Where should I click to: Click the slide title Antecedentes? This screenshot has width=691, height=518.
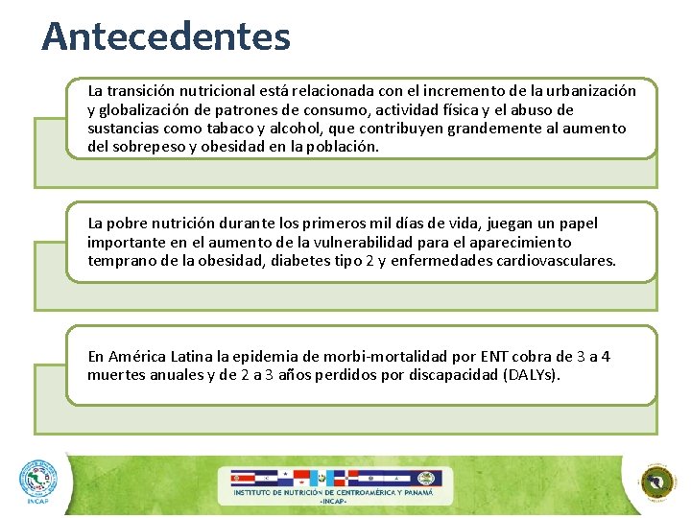point(166,36)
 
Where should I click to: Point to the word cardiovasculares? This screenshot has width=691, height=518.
point(558,260)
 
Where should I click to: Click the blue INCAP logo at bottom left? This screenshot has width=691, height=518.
point(38,482)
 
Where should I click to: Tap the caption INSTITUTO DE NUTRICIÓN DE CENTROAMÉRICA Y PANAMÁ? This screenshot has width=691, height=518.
point(333,493)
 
